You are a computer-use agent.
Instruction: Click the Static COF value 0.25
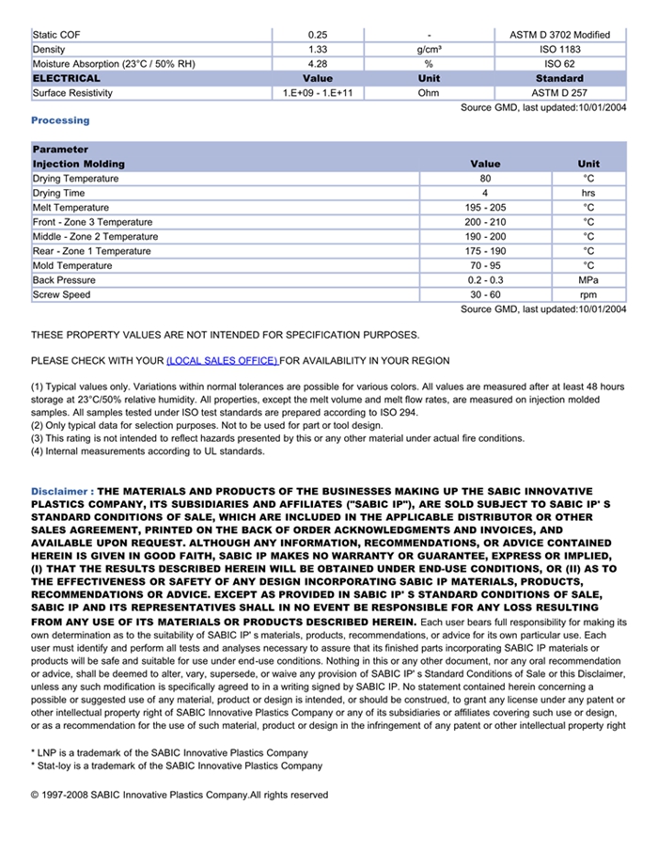coord(318,35)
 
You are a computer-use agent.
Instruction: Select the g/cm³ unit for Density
coord(429,49)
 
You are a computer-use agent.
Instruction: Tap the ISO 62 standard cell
coord(559,64)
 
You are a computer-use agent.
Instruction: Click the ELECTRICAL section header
coord(66,78)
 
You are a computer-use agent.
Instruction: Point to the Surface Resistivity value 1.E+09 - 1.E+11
coord(318,93)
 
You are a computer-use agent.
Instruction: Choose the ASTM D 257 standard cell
coord(559,93)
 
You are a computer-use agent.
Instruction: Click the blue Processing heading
coord(60,120)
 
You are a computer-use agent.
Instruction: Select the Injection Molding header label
coord(78,164)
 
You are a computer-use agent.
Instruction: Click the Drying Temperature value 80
coord(485,179)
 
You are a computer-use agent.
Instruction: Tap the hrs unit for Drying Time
coord(588,193)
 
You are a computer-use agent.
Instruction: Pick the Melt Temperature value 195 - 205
coord(485,208)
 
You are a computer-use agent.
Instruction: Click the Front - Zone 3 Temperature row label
coord(92,222)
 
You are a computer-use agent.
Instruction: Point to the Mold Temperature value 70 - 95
coord(485,266)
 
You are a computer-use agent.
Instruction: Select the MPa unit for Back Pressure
coord(588,280)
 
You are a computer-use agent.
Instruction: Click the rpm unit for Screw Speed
coord(588,295)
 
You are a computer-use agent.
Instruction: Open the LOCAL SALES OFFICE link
coord(222,361)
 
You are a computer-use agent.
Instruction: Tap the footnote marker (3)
coord(38,438)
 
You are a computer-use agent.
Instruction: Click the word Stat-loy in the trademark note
coord(55,765)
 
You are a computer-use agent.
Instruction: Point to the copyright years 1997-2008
coord(66,795)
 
